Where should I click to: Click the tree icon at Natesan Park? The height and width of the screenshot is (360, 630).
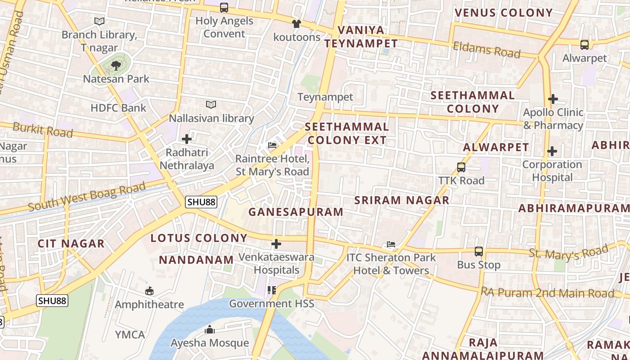click(116, 66)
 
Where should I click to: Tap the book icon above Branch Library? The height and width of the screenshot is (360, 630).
click(99, 21)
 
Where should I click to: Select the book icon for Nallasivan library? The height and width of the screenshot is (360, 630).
click(211, 105)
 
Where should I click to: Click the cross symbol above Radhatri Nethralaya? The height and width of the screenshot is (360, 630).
click(187, 139)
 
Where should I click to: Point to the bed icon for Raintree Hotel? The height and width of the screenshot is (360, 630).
click(272, 145)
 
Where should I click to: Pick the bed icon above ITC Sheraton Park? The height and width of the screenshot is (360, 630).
click(391, 245)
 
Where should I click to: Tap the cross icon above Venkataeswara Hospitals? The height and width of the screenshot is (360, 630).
click(276, 244)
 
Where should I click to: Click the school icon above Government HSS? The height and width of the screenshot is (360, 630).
click(271, 290)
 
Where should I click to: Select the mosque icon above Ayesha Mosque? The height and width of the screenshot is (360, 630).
click(210, 330)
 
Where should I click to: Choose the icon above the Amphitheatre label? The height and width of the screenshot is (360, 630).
click(149, 291)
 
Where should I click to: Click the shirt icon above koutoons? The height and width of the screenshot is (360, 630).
click(296, 24)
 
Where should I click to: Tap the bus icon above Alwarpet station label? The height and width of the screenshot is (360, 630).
click(585, 45)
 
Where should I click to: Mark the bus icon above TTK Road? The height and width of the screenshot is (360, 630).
click(461, 167)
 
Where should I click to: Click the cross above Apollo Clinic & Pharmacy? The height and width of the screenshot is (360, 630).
click(553, 99)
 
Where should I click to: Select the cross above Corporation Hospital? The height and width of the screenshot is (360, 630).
click(552, 151)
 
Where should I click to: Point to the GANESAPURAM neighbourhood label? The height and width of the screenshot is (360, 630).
click(296, 211)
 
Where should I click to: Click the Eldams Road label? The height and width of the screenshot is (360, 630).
click(486, 49)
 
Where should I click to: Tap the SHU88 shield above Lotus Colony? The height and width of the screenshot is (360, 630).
click(201, 202)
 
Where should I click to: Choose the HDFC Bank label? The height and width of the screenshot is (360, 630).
click(118, 108)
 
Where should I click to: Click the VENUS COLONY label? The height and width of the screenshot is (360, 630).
click(504, 13)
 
